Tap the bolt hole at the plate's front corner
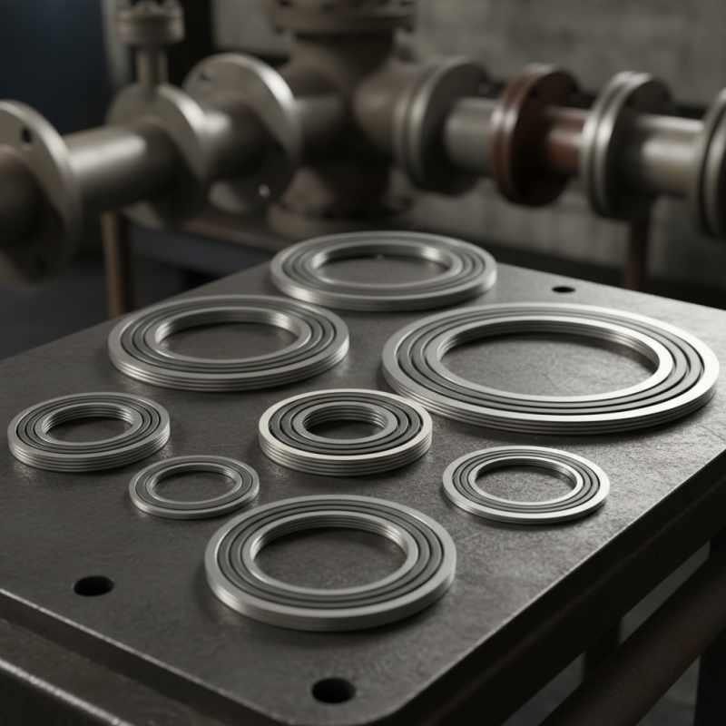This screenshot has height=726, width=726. (x=333, y=690)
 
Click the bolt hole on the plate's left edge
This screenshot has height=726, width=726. (x=93, y=585)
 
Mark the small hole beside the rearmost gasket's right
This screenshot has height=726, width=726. (x=563, y=289)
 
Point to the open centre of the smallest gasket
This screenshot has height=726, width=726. (x=193, y=486)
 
